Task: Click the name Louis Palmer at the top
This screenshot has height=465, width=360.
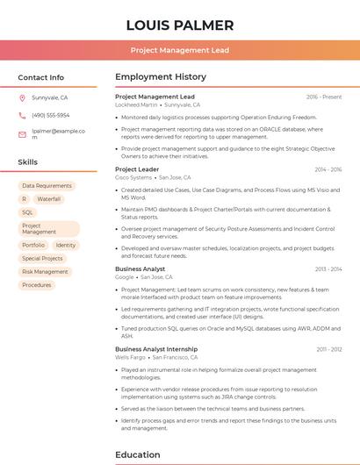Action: coord(180,25)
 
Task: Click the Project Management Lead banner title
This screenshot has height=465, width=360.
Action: coord(180,51)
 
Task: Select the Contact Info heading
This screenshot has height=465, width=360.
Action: coord(41,77)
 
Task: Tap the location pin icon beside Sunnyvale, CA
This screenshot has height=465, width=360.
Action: coord(23,97)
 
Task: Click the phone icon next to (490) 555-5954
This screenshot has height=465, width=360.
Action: coord(23,115)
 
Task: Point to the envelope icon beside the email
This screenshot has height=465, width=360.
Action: coord(23,134)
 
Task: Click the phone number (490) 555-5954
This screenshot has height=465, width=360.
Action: coord(51,115)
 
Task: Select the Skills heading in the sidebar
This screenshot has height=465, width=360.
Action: coord(28,162)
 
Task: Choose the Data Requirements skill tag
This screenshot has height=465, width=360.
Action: coord(47,186)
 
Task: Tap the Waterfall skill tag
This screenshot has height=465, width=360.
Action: coord(49,199)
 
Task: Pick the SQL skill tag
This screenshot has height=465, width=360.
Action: coord(27,212)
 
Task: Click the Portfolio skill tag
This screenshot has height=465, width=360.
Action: coord(33,246)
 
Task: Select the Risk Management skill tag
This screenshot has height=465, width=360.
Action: coord(45,272)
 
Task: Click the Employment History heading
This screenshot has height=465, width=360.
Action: coord(161,77)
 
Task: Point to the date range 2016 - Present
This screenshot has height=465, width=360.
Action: coord(324,97)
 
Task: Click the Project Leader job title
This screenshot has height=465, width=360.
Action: coord(137,169)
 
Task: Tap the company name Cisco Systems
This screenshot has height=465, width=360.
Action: coord(133,177)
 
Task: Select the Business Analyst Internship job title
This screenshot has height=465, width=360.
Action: coord(156,349)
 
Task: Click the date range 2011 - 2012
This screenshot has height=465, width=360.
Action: coord(328,349)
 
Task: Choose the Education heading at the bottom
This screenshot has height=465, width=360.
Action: coord(139,455)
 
